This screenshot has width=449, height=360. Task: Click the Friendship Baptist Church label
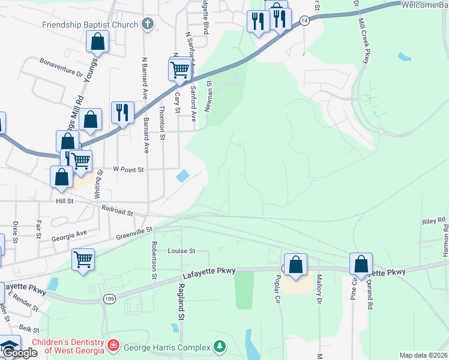pos(90,25)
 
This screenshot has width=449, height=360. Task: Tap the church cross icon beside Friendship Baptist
pos(148,25)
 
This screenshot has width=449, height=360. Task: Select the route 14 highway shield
pos(305,20)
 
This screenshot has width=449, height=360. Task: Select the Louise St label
pos(182,251)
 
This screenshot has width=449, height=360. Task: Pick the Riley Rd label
pos(433,221)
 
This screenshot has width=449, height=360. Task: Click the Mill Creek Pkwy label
pos(366,38)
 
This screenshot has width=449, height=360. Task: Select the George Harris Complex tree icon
pos(220,346)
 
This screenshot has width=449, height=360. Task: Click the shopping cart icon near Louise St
pos(83,260)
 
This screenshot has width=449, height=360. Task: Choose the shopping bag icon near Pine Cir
pos(361,264)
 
